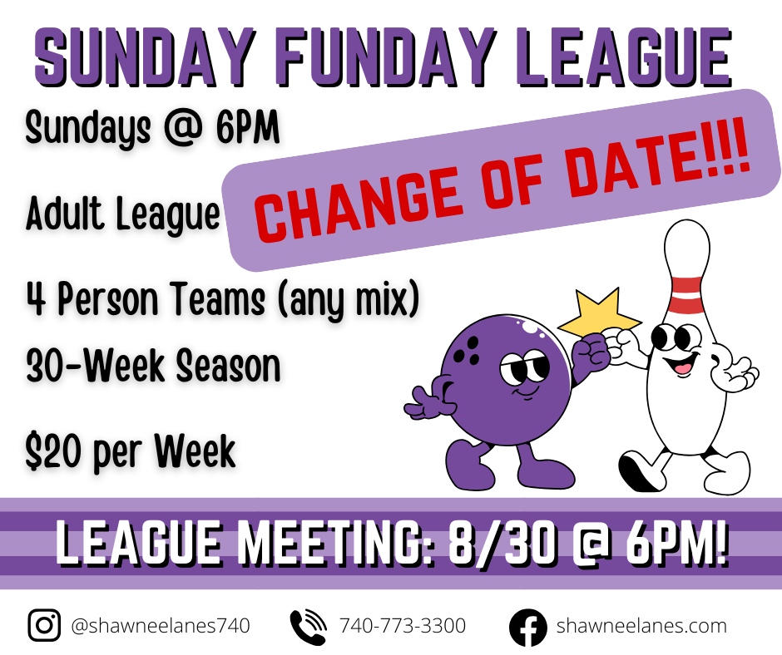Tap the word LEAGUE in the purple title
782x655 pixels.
(x=623, y=56)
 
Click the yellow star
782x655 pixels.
(x=598, y=313)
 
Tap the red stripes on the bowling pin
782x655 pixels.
(x=687, y=294)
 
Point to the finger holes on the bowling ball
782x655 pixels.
(x=469, y=350)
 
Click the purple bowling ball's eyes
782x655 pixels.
(x=523, y=368)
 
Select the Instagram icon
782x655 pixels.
(x=44, y=625)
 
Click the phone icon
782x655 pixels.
(x=308, y=626)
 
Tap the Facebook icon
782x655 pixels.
(x=528, y=627)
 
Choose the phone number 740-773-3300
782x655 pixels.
(x=403, y=626)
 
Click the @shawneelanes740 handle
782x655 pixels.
(x=161, y=626)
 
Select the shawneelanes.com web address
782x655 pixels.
(x=641, y=626)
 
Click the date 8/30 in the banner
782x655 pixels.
(x=502, y=542)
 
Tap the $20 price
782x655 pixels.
(x=53, y=451)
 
